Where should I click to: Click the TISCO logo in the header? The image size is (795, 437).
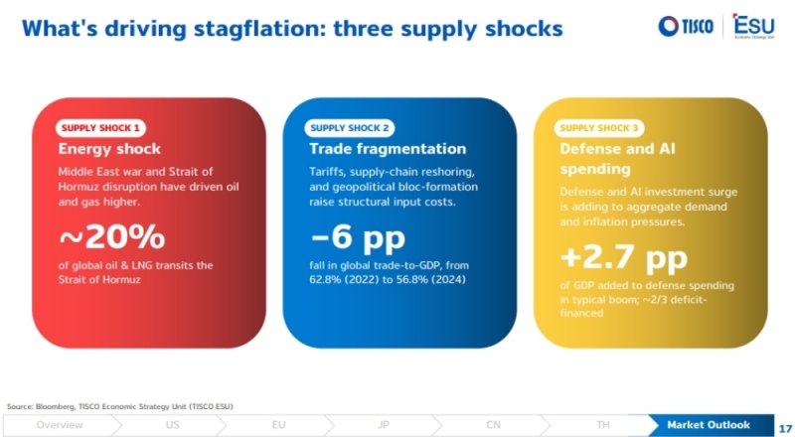click(686, 26)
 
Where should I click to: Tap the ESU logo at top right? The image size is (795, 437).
click(754, 26)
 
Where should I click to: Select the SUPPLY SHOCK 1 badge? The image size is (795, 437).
click(100, 128)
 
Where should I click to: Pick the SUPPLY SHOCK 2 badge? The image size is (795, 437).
click(350, 128)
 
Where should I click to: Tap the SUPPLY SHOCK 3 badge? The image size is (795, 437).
click(599, 128)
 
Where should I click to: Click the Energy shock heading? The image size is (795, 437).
click(109, 149)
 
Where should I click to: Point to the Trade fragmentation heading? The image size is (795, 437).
click(388, 149)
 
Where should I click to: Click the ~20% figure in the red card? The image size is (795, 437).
click(112, 236)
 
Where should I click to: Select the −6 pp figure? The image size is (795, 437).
click(358, 237)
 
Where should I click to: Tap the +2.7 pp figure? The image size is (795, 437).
click(624, 258)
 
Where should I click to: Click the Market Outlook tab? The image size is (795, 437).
click(709, 425)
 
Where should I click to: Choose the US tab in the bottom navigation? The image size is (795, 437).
click(172, 425)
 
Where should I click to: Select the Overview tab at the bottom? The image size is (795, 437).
click(60, 425)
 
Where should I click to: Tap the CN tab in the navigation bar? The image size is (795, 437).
click(493, 425)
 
